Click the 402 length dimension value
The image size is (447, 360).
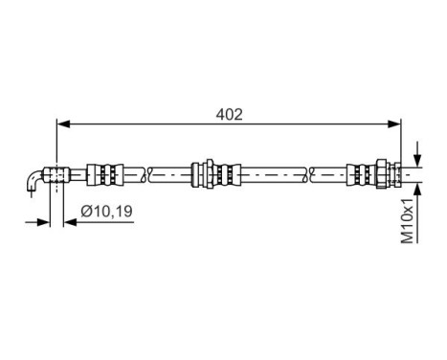[229, 114]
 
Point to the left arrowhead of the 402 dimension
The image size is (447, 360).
[63, 124]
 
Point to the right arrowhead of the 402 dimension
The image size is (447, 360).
[395, 124]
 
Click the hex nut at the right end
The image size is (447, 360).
[382, 174]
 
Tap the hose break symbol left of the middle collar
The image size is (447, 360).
[145, 174]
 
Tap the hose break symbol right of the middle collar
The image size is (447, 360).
[309, 174]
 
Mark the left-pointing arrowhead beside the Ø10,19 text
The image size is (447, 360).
[68, 223]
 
